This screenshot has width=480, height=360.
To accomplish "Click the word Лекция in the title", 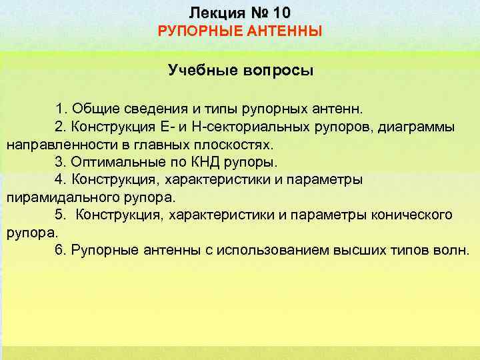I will [x=212, y=13].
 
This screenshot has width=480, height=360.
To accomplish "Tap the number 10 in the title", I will [x=279, y=13].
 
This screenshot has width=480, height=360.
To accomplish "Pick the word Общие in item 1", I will [x=93, y=108].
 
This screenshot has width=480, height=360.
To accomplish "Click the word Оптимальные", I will [x=117, y=162].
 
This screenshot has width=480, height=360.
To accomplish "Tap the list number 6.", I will [x=59, y=251].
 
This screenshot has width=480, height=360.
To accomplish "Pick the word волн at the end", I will [x=453, y=251].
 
